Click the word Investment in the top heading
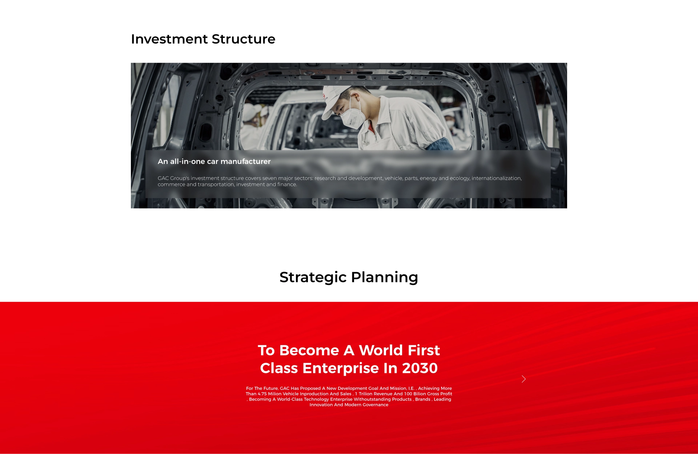pyautogui.click(x=169, y=39)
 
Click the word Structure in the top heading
pyautogui.click(x=244, y=39)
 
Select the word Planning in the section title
pyautogui.click(x=385, y=278)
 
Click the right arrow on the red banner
pyautogui.click(x=523, y=379)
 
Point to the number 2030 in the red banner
pyautogui.click(x=420, y=368)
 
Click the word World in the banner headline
pyautogui.click(x=381, y=350)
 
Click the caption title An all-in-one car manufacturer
pyautogui.click(x=214, y=162)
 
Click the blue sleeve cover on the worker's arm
pyautogui.click(x=440, y=144)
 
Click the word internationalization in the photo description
pyautogui.click(x=497, y=178)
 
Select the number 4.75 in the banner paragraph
pyautogui.click(x=262, y=394)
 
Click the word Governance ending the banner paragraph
pyautogui.click(x=376, y=405)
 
